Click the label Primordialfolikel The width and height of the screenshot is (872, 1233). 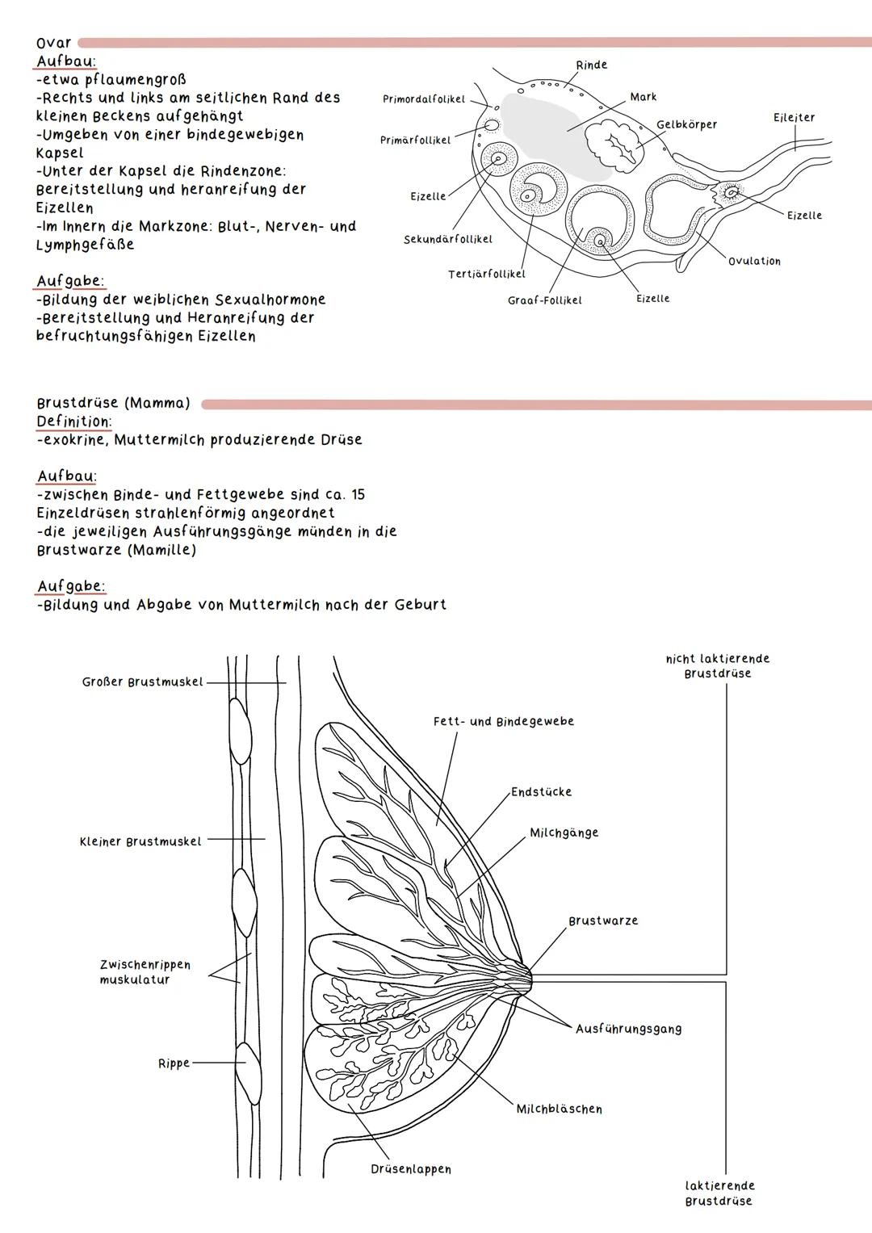pos(424,99)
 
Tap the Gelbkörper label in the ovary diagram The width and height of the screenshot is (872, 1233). pos(686,124)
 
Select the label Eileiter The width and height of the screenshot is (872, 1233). pos(794,118)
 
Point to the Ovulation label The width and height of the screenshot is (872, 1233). pos(754,262)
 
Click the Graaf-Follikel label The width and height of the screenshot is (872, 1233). pos(544,300)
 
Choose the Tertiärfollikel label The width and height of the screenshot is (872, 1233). pos(486,275)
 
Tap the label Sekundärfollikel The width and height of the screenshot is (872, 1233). pos(447,240)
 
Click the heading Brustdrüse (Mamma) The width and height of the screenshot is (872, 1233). pos(113,403)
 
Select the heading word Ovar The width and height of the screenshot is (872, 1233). pos(53,43)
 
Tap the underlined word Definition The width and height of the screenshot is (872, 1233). pos(73,421)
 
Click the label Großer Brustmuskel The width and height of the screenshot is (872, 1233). pos(142,682)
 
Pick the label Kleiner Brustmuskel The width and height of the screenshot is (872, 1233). pos(140,841)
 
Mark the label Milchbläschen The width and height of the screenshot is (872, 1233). pos(559,1109)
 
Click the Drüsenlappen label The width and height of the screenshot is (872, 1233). pos(411,1169)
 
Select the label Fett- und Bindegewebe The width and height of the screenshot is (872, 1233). pos(504,722)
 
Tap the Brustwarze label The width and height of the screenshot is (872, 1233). pos(603,921)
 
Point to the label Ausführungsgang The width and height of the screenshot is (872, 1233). pos(628,1030)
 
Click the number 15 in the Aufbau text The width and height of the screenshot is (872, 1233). pos(358,495)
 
